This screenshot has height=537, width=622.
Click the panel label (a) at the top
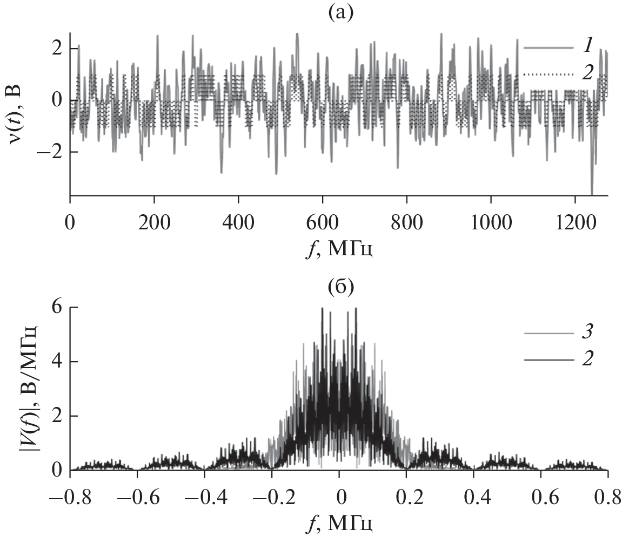tap(339, 11)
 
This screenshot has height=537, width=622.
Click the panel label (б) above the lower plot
tap(339, 287)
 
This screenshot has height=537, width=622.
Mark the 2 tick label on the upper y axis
tap(57, 49)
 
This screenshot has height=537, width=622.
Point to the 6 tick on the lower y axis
tap(57, 308)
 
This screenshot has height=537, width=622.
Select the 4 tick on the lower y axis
tap(57, 362)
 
